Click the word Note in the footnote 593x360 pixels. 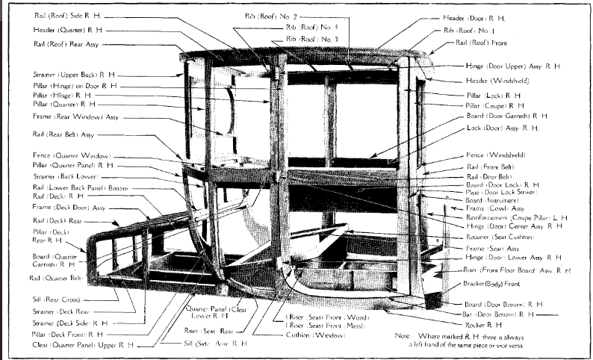pos(406,337)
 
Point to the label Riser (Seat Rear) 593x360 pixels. pos(209,329)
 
